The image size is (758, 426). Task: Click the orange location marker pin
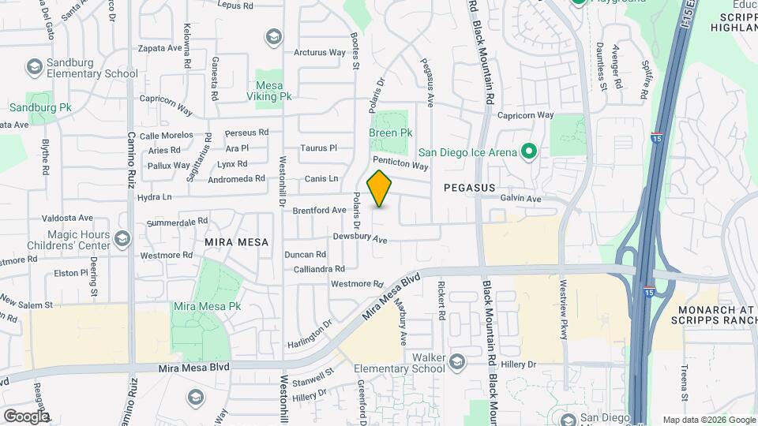380,189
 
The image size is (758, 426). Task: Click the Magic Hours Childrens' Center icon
122,238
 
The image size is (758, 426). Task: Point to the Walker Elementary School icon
456,362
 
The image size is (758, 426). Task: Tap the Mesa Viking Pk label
274,91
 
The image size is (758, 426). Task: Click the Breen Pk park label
390,133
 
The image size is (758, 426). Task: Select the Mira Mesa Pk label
207,305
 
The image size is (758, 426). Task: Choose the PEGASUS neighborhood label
469,188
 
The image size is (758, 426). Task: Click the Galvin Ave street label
521,200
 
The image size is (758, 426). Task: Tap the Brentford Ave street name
320,211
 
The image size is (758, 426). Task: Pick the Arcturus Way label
320,53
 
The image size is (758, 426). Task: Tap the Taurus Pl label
318,148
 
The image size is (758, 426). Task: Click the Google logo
26,416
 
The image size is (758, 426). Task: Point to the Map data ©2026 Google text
707,420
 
